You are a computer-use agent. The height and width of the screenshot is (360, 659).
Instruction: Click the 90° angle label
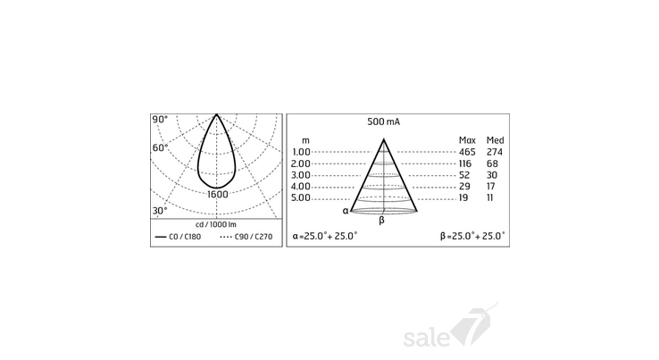(160, 120)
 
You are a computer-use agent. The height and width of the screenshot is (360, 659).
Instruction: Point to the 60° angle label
(160, 148)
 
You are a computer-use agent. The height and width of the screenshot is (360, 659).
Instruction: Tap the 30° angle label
(160, 210)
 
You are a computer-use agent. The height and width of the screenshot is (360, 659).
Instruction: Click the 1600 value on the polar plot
(218, 195)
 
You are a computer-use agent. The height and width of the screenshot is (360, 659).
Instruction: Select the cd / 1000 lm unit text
(216, 224)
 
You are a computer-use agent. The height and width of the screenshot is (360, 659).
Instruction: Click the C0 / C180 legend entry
(179, 237)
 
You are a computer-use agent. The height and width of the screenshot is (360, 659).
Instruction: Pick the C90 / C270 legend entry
(246, 237)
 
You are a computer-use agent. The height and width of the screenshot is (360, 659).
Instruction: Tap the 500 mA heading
(384, 122)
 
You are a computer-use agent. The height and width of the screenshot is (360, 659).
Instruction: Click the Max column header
(467, 140)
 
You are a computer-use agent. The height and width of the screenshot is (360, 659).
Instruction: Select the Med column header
(495, 140)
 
